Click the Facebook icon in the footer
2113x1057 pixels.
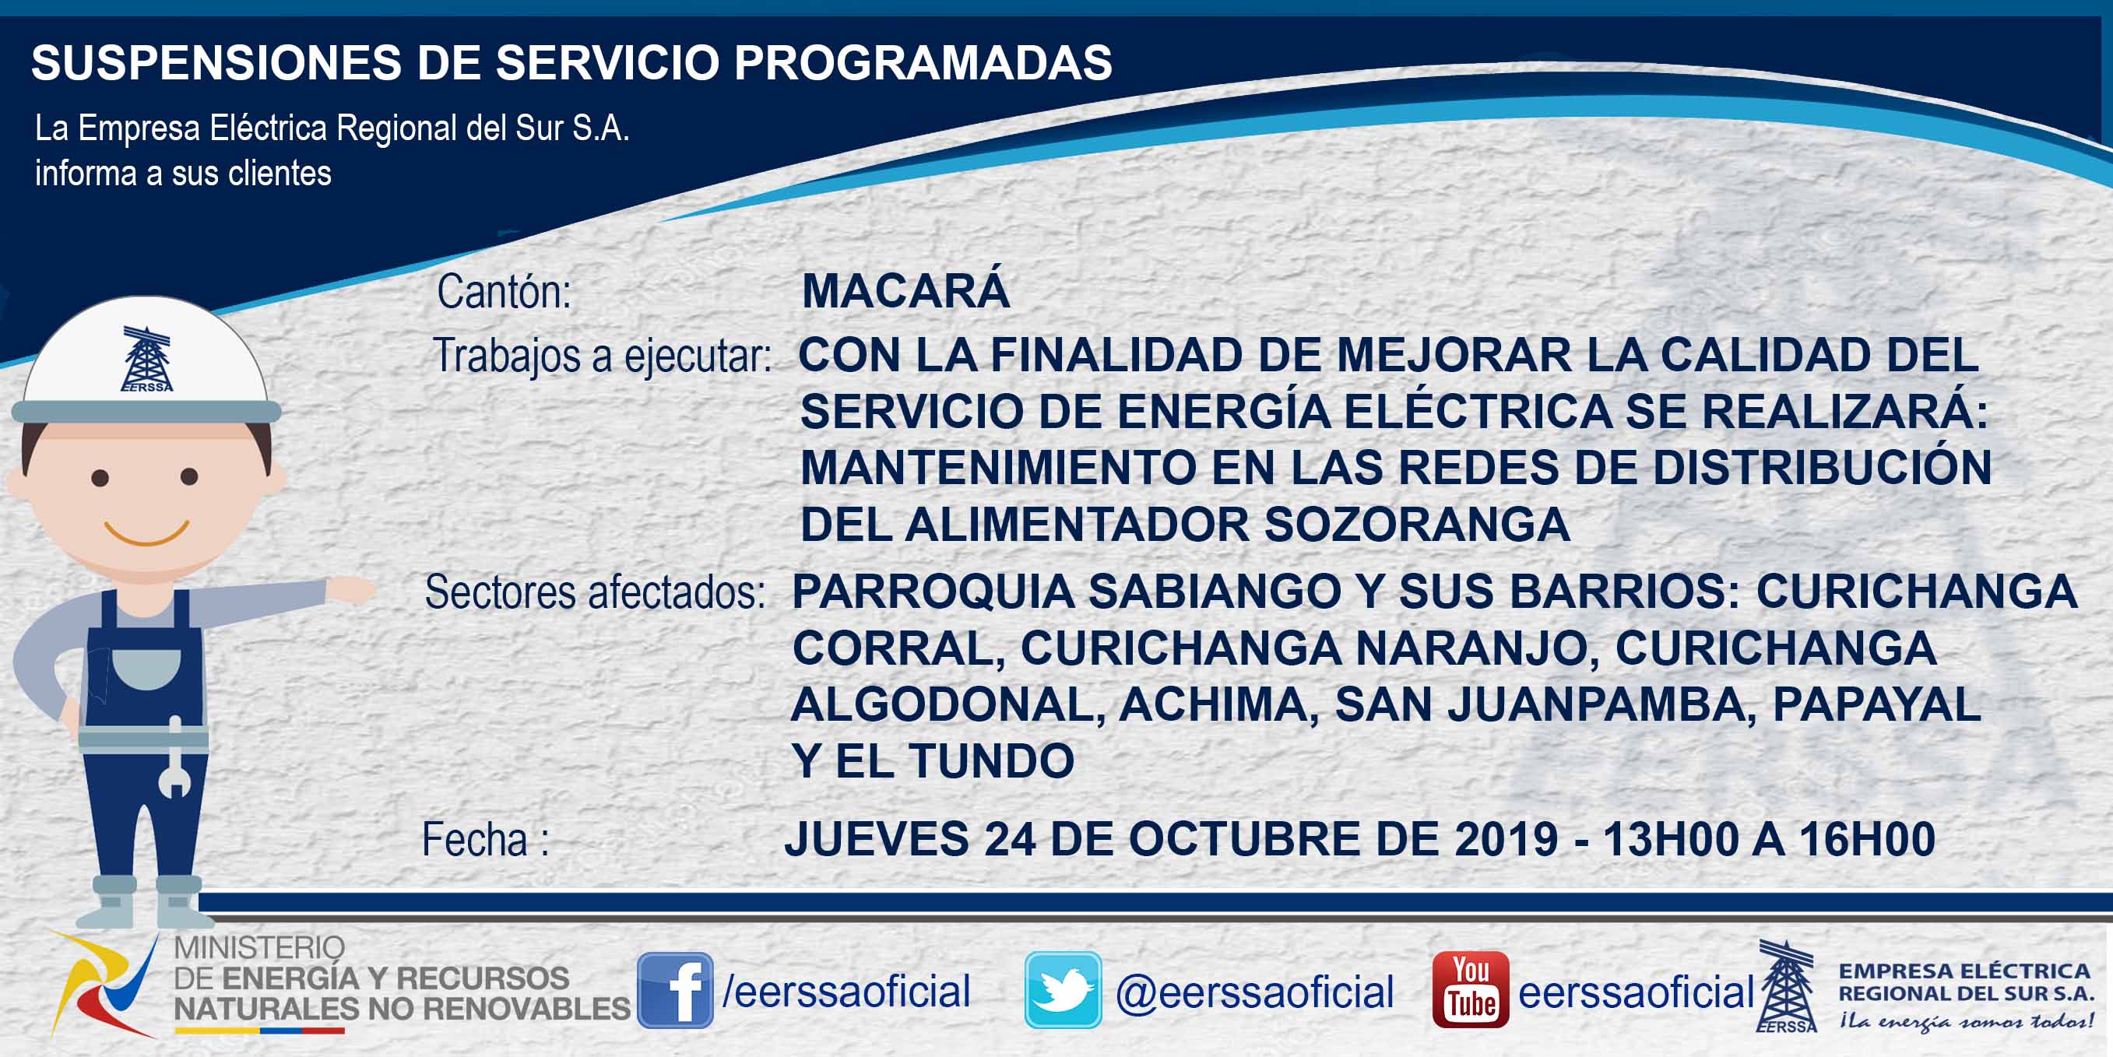click(675, 990)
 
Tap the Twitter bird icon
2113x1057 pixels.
click(1062, 990)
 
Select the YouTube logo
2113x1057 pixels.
click(1470, 990)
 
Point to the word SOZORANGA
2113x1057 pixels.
click(1417, 525)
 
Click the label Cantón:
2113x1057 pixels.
click(504, 291)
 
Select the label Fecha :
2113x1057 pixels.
click(485, 839)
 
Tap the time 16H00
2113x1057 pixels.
click(1867, 839)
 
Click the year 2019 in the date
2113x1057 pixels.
click(1506, 839)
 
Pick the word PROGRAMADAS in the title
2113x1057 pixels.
click(923, 62)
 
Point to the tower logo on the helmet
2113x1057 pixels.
click(147, 359)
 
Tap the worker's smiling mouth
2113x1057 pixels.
click(147, 533)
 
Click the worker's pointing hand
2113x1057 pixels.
click(351, 588)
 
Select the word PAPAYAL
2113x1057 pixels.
click(1877, 704)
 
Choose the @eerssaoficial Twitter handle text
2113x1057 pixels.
click(1254, 992)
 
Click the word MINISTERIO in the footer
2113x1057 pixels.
click(259, 948)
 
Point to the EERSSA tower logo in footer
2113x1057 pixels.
click(1787, 986)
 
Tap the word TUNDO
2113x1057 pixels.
click(992, 761)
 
